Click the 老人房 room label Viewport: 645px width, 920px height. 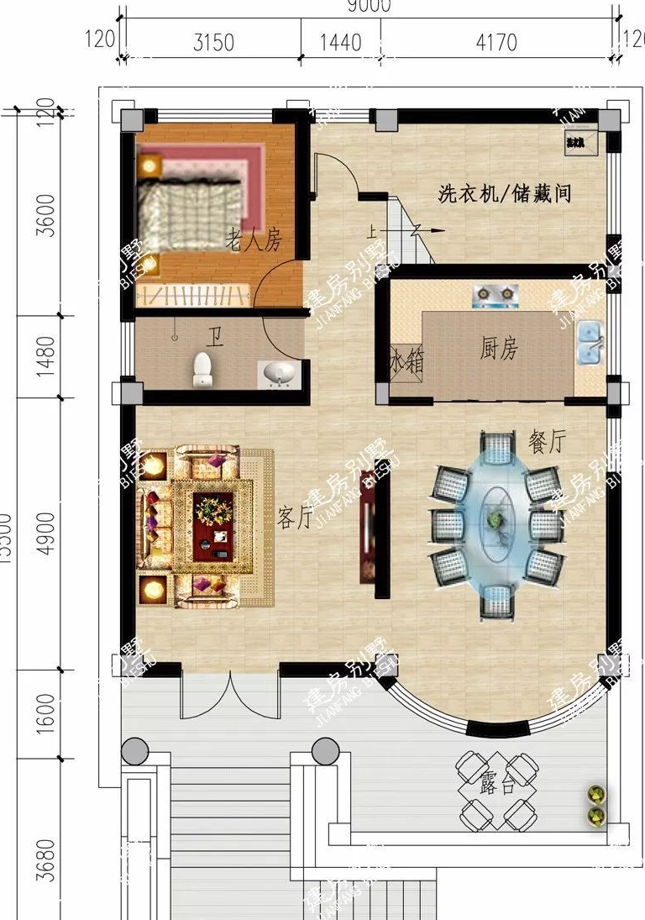pyautogui.click(x=253, y=243)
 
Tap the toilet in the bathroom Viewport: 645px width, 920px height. pyautogui.click(x=202, y=371)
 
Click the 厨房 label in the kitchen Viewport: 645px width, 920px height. pyautogui.click(x=498, y=350)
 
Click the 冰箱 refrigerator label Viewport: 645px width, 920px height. pyautogui.click(x=406, y=363)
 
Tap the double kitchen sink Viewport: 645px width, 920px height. pyautogui.click(x=590, y=339)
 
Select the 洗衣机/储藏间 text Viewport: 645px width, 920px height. pyautogui.click(x=505, y=194)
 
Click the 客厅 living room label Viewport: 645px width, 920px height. pyautogui.click(x=295, y=518)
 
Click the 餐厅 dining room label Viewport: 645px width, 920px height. pyautogui.click(x=547, y=441)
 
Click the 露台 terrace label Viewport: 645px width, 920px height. pyautogui.click(x=497, y=786)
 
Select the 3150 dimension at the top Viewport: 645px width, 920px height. pyautogui.click(x=213, y=42)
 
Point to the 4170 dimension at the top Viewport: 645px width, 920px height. pyautogui.click(x=496, y=42)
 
